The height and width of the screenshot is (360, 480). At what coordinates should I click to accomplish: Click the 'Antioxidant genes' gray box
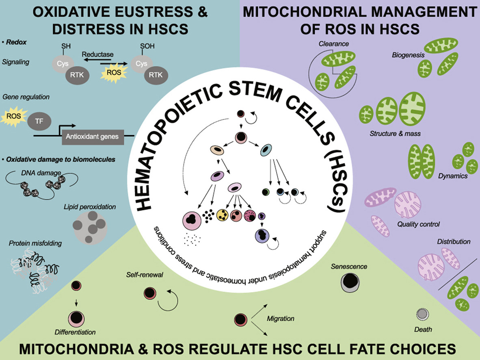[x=93, y=137]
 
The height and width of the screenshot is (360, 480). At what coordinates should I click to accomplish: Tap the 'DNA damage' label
[x=41, y=173]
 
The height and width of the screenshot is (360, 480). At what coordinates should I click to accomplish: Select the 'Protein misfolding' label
[x=35, y=243]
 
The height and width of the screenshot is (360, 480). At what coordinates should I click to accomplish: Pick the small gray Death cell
[x=423, y=314]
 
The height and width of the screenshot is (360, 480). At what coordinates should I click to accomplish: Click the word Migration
[x=280, y=318]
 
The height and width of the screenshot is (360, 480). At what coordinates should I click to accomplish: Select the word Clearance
[x=334, y=43]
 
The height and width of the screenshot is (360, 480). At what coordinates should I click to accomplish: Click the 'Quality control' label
[x=418, y=223]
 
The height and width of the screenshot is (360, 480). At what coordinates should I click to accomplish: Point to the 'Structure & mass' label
[x=395, y=133]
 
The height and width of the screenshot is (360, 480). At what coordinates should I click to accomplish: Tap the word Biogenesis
[x=408, y=55]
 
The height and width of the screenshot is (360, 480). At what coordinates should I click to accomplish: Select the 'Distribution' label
[x=454, y=242]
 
